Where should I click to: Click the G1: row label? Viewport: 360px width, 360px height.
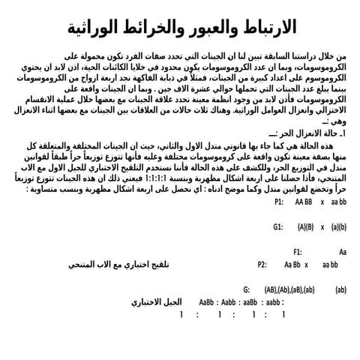tap(279, 226)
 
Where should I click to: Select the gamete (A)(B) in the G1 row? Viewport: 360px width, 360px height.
tap(305, 226)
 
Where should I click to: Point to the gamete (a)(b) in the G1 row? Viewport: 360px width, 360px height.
tap(338, 226)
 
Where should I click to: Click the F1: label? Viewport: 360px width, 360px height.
tap(298, 252)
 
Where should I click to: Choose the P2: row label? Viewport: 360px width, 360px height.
tap(262, 264)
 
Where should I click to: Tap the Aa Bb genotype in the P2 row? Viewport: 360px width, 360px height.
tap(292, 264)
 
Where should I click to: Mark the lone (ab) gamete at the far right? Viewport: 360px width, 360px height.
tap(340, 289)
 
